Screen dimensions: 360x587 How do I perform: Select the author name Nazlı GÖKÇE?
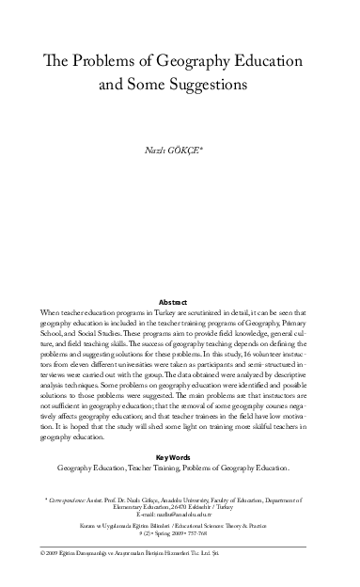[179, 150]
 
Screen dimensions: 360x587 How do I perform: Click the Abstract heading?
[179, 301]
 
